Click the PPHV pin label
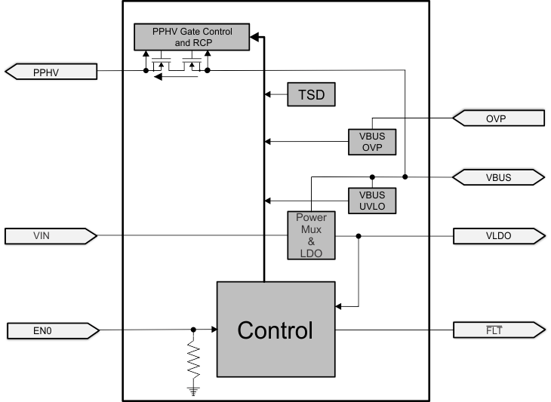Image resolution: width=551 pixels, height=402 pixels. (51, 72)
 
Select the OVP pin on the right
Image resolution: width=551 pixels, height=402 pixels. (497, 118)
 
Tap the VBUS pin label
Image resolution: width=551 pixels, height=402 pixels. (497, 177)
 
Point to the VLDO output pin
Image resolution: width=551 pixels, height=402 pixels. (497, 237)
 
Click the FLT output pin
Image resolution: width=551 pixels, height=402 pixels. (497, 330)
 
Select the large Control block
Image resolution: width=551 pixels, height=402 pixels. (275, 330)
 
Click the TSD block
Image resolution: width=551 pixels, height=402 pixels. (311, 95)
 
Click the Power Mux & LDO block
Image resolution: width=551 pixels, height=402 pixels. (311, 235)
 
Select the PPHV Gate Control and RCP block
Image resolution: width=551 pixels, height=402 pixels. (192, 37)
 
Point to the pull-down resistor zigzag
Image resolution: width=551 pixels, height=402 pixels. (195, 363)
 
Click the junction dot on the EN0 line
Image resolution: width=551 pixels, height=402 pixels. (195, 330)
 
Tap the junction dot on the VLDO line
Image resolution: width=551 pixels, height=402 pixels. (359, 237)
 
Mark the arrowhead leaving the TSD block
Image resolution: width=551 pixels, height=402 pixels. (267, 95)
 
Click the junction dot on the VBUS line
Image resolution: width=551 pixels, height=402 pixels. (405, 177)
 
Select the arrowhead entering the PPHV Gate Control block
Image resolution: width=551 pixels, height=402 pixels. (254, 36)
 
